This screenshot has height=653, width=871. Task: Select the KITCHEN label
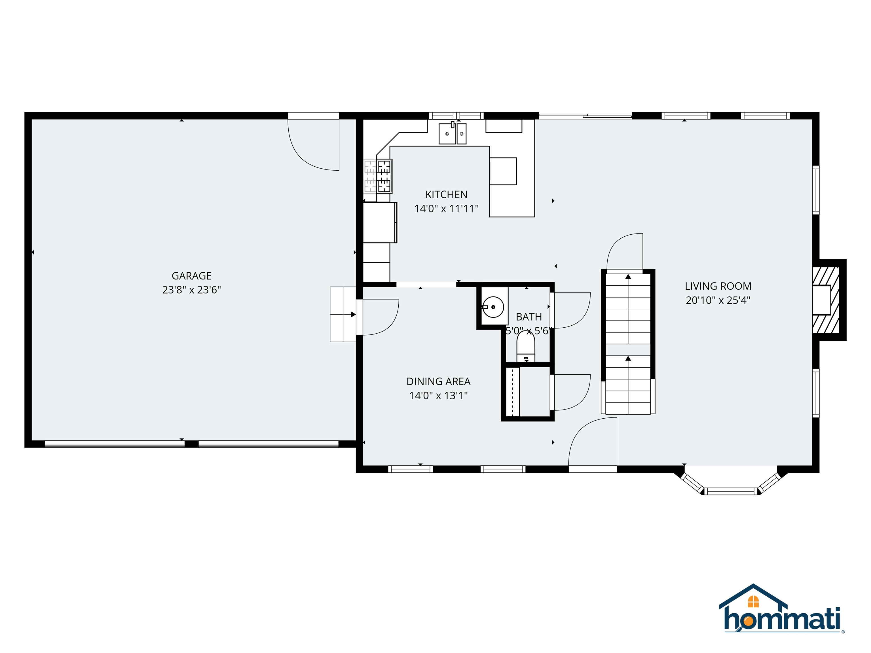click(446, 194)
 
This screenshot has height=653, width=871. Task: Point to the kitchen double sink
click(453, 134)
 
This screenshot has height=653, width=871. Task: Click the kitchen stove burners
click(384, 176)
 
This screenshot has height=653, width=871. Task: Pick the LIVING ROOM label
click(718, 286)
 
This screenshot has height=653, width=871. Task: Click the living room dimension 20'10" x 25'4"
click(718, 300)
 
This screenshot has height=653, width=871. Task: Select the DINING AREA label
click(438, 381)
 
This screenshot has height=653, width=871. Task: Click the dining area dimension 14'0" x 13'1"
click(438, 396)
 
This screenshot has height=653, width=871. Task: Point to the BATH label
click(528, 317)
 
